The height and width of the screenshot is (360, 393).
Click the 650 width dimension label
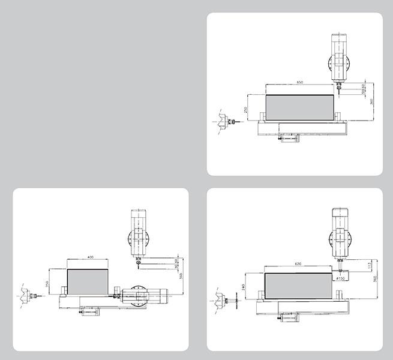click(x=300, y=82)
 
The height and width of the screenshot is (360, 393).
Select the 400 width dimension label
click(x=91, y=257)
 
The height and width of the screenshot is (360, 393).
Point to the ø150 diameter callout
click(x=343, y=278)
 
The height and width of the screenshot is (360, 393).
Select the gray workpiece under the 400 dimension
click(x=88, y=281)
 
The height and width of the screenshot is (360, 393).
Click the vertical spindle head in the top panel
click(x=339, y=60)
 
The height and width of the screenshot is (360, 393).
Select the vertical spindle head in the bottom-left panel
click(x=139, y=233)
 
